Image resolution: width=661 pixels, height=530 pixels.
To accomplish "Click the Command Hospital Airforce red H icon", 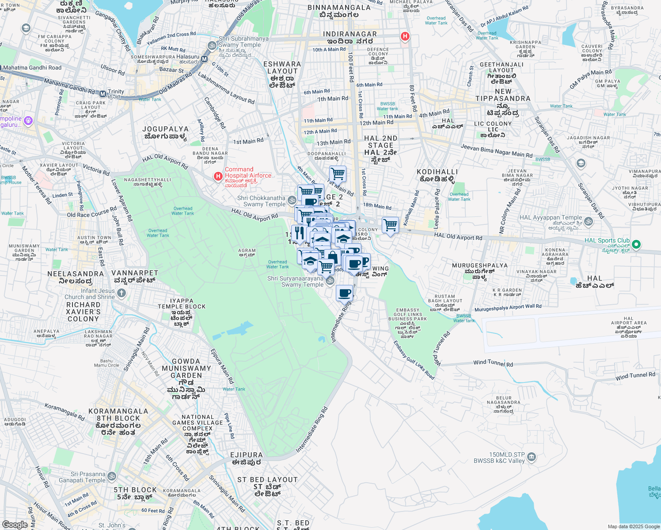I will pos(218,177).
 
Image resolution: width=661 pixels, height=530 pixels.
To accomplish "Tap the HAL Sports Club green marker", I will pos(636,244).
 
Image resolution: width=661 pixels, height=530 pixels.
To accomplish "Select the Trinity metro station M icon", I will pos(103,94).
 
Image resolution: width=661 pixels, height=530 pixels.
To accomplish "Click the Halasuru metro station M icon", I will pos(204,59).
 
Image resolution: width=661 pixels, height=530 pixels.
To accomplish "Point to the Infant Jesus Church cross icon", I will pos(122,293).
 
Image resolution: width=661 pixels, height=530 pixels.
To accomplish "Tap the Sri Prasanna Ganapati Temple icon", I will pos(112,477).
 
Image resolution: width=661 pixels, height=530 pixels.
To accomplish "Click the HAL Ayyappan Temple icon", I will pos(588,221).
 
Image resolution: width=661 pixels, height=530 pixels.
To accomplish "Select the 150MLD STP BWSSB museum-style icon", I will pos(532,457).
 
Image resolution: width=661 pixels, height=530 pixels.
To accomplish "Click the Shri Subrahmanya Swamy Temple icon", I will pos(212,45).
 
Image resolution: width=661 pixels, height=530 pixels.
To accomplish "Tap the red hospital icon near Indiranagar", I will pos(405,37).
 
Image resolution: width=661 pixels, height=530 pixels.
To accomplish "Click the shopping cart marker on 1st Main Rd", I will pos(338,174).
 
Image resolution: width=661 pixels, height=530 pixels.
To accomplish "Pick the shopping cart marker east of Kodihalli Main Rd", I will pos(390,225).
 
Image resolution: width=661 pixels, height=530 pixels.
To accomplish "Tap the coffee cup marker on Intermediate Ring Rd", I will pos(345,293).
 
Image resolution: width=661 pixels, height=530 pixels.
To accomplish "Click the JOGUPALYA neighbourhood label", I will pos(165,132).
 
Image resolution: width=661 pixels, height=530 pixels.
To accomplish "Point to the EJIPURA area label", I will pos(247,458).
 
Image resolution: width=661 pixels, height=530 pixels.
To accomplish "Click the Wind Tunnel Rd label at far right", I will pos(635,376).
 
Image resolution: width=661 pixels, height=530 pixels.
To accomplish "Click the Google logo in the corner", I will pos(15,524).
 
